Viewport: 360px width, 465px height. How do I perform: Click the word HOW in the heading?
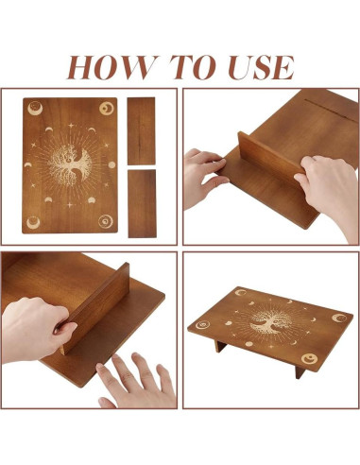click(112, 67)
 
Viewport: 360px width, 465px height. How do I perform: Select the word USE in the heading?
click(261, 67)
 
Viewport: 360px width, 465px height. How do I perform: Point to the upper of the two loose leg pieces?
click(141, 130)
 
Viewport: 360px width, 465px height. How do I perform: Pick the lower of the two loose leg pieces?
click(142, 203)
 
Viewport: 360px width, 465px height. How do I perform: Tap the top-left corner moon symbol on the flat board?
click(35, 108)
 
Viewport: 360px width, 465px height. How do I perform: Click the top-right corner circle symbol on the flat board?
click(107, 109)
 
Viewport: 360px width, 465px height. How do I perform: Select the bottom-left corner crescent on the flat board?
click(33, 222)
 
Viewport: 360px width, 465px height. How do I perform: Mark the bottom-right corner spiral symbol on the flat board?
click(106, 221)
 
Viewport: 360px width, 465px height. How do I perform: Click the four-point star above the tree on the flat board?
click(71, 126)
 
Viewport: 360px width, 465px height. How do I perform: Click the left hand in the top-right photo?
click(205, 178)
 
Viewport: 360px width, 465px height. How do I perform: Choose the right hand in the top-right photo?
click(329, 191)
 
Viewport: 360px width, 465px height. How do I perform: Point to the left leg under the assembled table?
click(220, 346)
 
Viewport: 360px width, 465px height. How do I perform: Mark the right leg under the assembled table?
click(300, 371)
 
